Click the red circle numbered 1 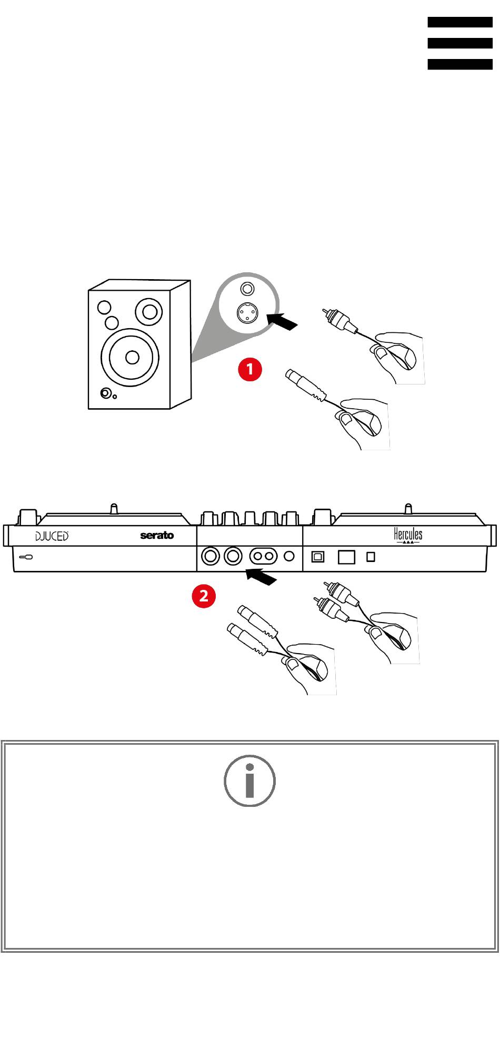coord(249,369)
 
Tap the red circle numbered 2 coord(204,596)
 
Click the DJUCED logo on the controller coord(52,536)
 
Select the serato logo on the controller coord(157,536)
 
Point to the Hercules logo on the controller coord(408,535)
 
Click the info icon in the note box coord(249,781)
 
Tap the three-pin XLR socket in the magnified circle coord(247,313)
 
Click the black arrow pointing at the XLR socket coord(282,321)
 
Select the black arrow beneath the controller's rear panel coord(261,576)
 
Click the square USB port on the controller coord(318,556)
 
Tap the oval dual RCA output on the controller coord(263,556)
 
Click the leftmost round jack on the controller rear coord(211,556)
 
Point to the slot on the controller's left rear coord(26,557)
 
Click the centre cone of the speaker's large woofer coord(132,357)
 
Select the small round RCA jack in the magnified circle coord(247,289)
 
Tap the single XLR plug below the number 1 coord(305,384)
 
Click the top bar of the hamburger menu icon coord(459,22)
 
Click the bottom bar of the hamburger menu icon coord(459,64)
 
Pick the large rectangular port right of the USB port coord(346,557)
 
